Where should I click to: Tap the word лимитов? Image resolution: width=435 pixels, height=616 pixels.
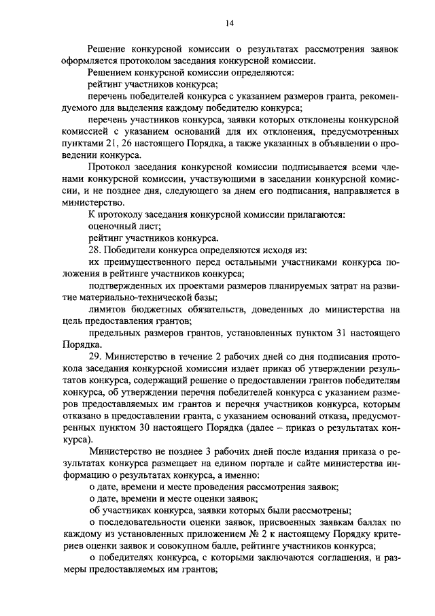tap(106, 309)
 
